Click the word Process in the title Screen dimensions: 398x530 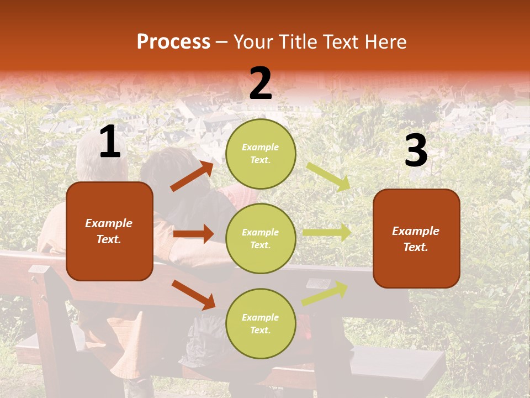click(x=173, y=41)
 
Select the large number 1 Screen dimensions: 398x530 click(x=110, y=143)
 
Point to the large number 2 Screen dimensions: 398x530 click(x=261, y=83)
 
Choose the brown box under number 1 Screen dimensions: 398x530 click(x=109, y=231)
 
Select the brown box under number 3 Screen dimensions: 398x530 click(x=416, y=238)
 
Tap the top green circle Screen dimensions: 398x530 click(x=261, y=153)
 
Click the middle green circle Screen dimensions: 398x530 click(x=261, y=238)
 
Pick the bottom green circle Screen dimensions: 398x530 click(x=261, y=323)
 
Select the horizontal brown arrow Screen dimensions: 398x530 click(x=193, y=234)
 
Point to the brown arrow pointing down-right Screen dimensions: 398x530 click(x=193, y=295)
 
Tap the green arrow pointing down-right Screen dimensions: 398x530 click(x=328, y=177)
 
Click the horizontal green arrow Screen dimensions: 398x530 click(x=327, y=233)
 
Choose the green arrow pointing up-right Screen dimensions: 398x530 click(x=325, y=294)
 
